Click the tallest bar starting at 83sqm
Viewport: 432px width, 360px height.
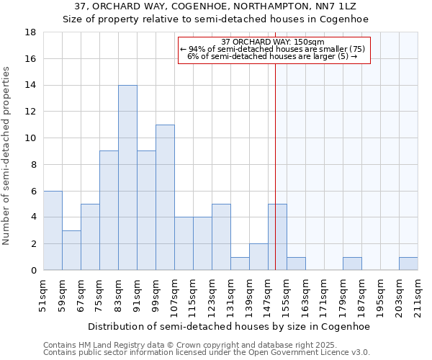tap(127, 178)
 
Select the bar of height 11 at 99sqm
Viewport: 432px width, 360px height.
tap(165, 197)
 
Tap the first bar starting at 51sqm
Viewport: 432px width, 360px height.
tap(53, 230)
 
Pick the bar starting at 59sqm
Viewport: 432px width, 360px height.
tap(71, 251)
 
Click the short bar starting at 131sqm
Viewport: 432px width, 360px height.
tap(240, 264)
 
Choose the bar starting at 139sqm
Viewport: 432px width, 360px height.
tap(258, 257)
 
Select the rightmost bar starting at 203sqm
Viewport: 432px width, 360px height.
tap(408, 264)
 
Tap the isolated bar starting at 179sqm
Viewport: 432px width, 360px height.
tap(352, 264)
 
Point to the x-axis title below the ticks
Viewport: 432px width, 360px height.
tap(230, 326)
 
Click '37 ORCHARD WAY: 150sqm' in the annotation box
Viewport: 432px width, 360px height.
tap(274, 42)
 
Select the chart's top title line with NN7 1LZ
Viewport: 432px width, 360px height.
tap(215, 6)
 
